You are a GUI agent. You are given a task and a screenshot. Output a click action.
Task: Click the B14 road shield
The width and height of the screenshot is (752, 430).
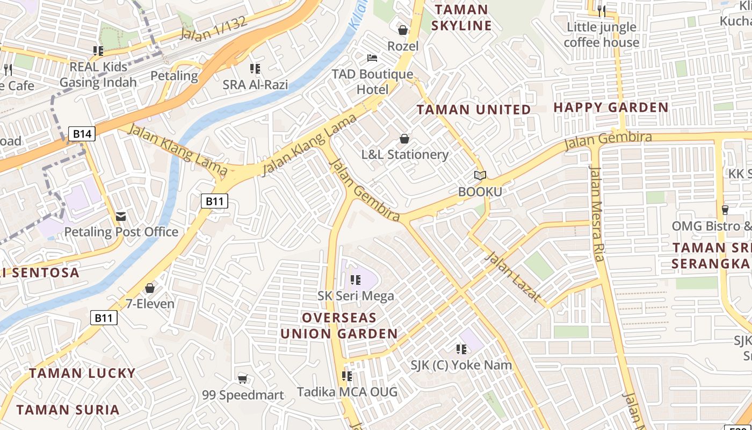pos(82,134)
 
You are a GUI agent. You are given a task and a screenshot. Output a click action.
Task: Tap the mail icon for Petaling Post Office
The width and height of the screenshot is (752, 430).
pos(121,217)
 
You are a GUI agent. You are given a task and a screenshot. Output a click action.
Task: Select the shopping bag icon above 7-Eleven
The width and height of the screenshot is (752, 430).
pos(150,288)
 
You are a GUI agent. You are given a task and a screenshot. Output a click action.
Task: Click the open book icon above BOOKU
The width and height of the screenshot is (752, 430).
pos(480,175)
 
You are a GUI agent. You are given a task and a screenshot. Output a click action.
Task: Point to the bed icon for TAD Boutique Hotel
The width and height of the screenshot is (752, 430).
pos(372,58)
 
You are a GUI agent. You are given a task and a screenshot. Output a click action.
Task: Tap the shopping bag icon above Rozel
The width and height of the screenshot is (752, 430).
pos(403,30)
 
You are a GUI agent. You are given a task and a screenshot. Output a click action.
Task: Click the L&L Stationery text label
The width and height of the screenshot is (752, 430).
pos(404,155)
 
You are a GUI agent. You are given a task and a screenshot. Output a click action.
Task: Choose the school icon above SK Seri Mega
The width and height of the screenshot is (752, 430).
pos(355,279)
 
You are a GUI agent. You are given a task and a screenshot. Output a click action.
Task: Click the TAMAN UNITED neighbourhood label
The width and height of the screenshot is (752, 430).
pos(474,110)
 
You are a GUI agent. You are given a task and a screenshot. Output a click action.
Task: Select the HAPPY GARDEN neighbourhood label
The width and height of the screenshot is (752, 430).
pos(611,107)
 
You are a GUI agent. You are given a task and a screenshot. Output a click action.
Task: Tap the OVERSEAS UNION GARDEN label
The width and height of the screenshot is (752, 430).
pos(339,326)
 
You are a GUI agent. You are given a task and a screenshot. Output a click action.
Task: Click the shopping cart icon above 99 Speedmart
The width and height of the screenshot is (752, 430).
pos(243,379)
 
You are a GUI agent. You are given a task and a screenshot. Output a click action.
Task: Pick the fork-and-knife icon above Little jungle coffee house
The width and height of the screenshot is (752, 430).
pos(601,10)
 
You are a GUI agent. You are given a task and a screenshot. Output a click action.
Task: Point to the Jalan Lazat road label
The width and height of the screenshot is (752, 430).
pos(512,277)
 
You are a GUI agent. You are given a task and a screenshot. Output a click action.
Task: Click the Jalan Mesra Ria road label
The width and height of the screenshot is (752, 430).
pos(597,213)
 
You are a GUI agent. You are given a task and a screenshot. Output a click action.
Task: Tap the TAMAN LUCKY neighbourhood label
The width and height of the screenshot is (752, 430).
pos(82,373)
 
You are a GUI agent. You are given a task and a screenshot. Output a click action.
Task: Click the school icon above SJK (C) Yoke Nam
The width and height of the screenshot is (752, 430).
pos(461,349)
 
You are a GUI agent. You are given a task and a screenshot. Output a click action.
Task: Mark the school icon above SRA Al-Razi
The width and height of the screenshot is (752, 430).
pos(255,68)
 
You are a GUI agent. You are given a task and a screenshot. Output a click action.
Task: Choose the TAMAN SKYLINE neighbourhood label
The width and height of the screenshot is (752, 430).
pos(462,18)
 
